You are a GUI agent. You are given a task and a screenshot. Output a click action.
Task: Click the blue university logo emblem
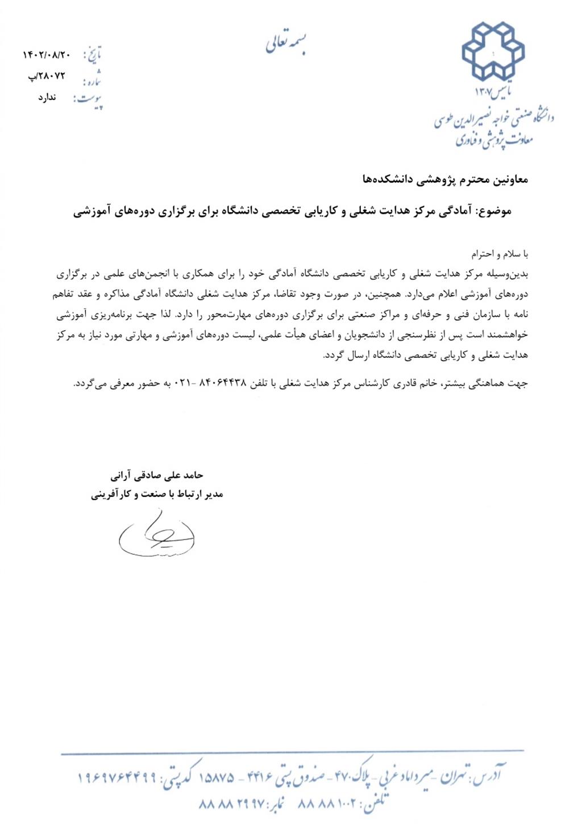pyautogui.click(x=493, y=51)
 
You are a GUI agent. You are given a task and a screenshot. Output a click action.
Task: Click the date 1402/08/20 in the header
pyautogui.click(x=47, y=55)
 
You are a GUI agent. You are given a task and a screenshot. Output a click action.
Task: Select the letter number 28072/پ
pyautogui.click(x=47, y=76)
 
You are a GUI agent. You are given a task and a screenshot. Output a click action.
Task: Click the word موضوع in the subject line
pyautogui.click(x=494, y=211)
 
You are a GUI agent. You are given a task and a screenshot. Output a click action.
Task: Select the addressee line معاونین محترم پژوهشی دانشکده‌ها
pyautogui.click(x=445, y=180)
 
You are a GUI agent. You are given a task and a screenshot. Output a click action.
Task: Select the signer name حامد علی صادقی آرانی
pyautogui.click(x=157, y=475)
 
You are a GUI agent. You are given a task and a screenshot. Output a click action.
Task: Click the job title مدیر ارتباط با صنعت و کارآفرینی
pyautogui.click(x=157, y=494)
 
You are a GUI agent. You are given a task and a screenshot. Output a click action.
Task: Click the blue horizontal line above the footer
pyautogui.click(x=284, y=753)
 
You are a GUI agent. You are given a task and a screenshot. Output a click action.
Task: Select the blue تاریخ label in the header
pyautogui.click(x=93, y=55)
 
